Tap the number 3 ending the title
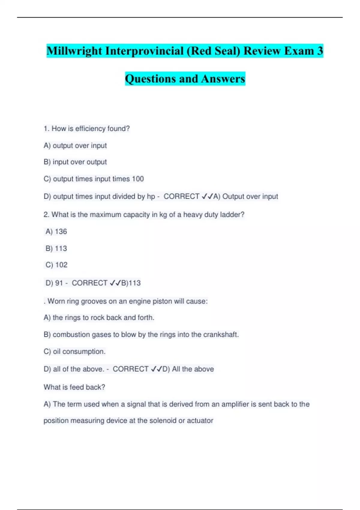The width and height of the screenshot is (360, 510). pos(320,51)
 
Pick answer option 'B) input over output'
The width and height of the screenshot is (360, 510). pos(75,162)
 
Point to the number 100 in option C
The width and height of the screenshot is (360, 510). pos(138,179)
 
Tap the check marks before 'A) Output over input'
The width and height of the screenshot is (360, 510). pos(207,196)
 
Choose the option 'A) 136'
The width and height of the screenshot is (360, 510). pos(56,232)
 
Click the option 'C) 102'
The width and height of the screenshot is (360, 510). pos(56,265)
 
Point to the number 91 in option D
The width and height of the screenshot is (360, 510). pos(59,283)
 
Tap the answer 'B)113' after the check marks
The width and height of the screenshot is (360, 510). pos(131,283)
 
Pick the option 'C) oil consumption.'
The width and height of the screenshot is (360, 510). pos(74,351)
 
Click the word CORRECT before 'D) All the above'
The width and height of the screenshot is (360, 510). pos(130,369)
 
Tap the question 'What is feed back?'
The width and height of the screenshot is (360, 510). pos(74,387)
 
